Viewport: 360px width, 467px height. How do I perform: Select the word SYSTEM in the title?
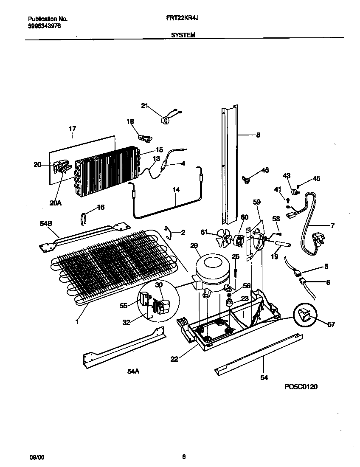[183, 36]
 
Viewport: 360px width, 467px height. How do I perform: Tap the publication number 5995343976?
[45, 25]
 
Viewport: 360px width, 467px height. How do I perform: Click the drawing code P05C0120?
[301, 387]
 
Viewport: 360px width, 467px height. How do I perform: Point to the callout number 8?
[258, 135]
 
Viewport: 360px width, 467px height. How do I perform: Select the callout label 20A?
[55, 203]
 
